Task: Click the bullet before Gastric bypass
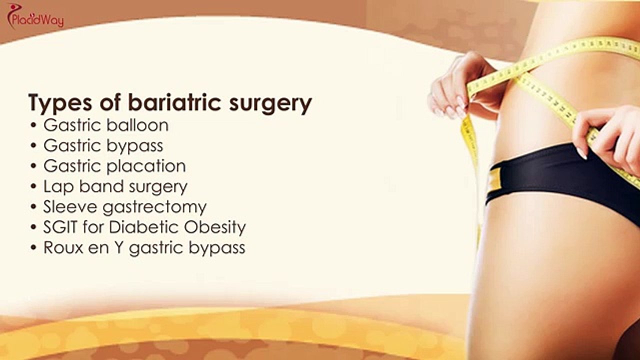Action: tap(34, 146)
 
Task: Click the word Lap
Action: tap(55, 187)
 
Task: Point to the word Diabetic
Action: tap(137, 227)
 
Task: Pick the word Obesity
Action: tap(215, 227)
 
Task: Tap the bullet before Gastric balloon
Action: tap(34, 125)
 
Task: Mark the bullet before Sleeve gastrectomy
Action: tap(34, 207)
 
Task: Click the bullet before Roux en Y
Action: tap(34, 248)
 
